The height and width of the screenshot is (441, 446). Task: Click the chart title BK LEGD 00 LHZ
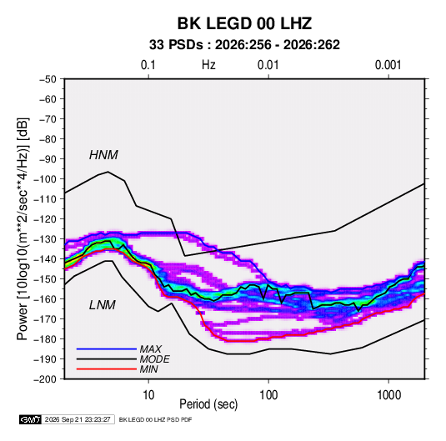click(x=244, y=23)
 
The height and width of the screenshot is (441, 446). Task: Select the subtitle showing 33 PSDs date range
click(x=244, y=45)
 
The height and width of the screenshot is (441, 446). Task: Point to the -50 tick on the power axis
click(x=48, y=79)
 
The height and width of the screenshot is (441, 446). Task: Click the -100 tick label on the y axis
click(x=45, y=179)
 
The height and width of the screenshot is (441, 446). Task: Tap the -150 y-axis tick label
click(x=45, y=278)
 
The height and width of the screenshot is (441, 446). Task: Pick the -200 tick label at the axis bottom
click(x=45, y=379)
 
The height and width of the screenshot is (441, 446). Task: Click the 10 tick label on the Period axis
click(x=148, y=394)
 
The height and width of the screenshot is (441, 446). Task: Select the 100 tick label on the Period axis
click(x=268, y=394)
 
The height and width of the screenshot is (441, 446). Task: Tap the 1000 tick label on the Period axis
click(x=388, y=394)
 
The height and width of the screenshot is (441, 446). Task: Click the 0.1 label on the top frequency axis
click(x=148, y=65)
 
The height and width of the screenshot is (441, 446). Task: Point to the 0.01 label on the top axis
click(x=268, y=65)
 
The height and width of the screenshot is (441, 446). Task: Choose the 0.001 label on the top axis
click(x=388, y=65)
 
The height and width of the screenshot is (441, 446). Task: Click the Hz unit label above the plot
click(x=208, y=65)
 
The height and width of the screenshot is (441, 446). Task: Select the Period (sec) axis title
click(x=208, y=404)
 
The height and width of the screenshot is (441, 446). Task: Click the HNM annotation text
click(x=103, y=155)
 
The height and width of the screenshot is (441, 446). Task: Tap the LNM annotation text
click(x=103, y=305)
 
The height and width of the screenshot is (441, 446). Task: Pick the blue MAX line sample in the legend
click(x=107, y=349)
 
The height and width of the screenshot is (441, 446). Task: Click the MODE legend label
click(x=154, y=359)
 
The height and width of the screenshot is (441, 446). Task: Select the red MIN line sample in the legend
click(x=107, y=369)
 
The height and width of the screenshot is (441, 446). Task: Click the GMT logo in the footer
click(x=30, y=419)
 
